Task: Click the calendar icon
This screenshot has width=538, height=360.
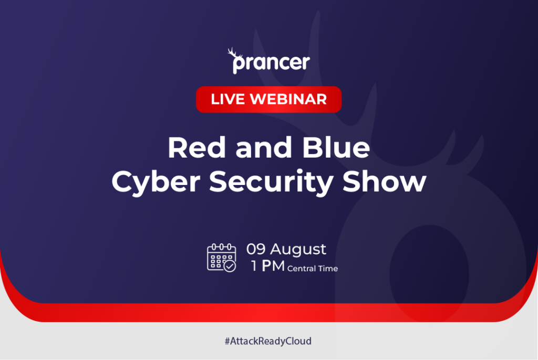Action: click(221, 257)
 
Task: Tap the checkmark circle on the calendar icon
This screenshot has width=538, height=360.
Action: click(230, 266)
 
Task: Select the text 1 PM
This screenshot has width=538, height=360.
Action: click(267, 266)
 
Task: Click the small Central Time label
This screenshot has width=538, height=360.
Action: click(313, 269)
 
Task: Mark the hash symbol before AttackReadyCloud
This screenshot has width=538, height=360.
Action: click(227, 341)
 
